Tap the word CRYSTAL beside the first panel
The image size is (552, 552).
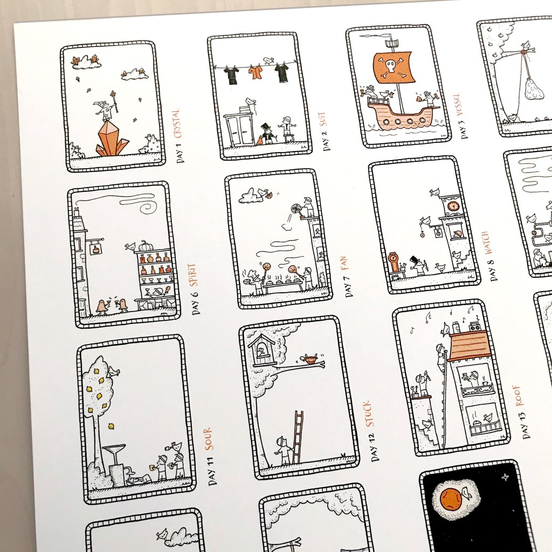[x=177, y=123]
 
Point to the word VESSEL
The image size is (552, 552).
[x=457, y=106]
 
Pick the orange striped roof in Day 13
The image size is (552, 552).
[x=470, y=346]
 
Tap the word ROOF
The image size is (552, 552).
[x=519, y=396]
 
